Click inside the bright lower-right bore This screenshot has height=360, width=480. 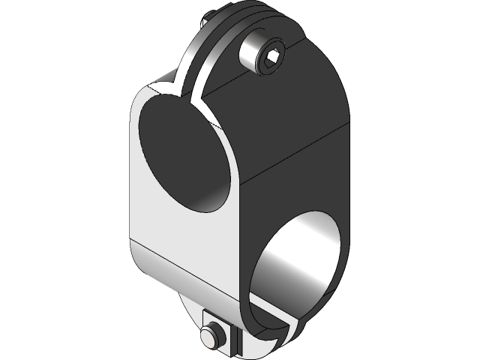coord(300,262)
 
